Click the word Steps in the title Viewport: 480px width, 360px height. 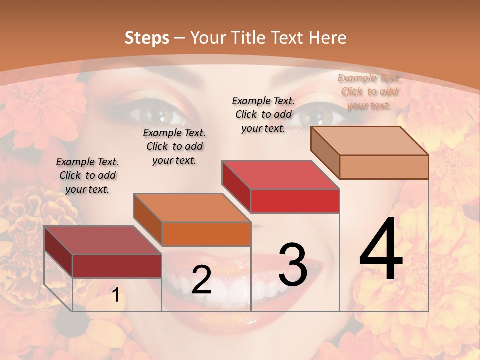pos(146,38)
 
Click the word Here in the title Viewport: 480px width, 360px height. pos(327,38)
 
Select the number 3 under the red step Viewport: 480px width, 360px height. pos(293,265)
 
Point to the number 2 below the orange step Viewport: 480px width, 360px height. pos(201,280)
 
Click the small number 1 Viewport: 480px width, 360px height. pos(115,295)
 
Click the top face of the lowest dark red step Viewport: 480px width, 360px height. pos(103,240)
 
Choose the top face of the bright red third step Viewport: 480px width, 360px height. pos(280,175)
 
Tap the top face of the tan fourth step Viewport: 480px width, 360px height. pos(369,141)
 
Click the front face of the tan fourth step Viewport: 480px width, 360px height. pos(384,167)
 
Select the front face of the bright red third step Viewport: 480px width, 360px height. pos(295,201)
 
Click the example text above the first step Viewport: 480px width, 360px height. pos(87,175)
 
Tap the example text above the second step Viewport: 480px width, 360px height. pos(174,146)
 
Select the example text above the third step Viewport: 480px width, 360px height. pos(263,114)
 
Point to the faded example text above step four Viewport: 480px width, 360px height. pos(369,91)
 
